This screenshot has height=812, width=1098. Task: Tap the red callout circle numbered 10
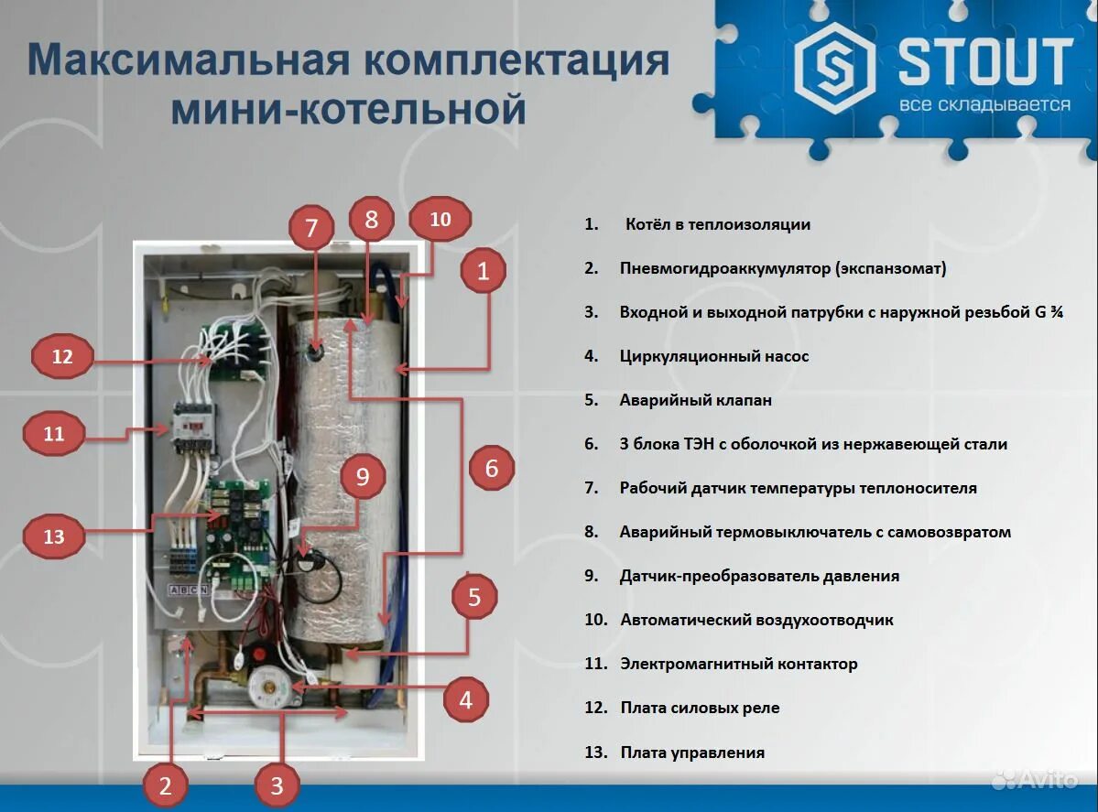[440, 220]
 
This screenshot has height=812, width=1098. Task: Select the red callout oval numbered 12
[62, 357]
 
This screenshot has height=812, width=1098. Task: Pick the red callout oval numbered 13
[54, 536]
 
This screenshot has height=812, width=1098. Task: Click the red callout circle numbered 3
[277, 785]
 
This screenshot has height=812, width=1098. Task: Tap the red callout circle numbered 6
[492, 469]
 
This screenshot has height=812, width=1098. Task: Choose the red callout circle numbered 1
[484, 270]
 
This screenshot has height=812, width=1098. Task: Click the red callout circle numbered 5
[474, 598]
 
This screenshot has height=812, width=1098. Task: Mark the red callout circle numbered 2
[166, 785]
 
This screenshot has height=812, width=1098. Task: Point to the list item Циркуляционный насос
[713, 356]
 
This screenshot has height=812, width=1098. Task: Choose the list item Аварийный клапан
[695, 400]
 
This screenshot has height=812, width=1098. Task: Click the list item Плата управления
[691, 752]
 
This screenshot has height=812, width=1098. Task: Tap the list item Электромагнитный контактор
[738, 664]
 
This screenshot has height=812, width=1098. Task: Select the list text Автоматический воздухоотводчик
[756, 620]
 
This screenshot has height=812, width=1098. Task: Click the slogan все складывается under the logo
[984, 104]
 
